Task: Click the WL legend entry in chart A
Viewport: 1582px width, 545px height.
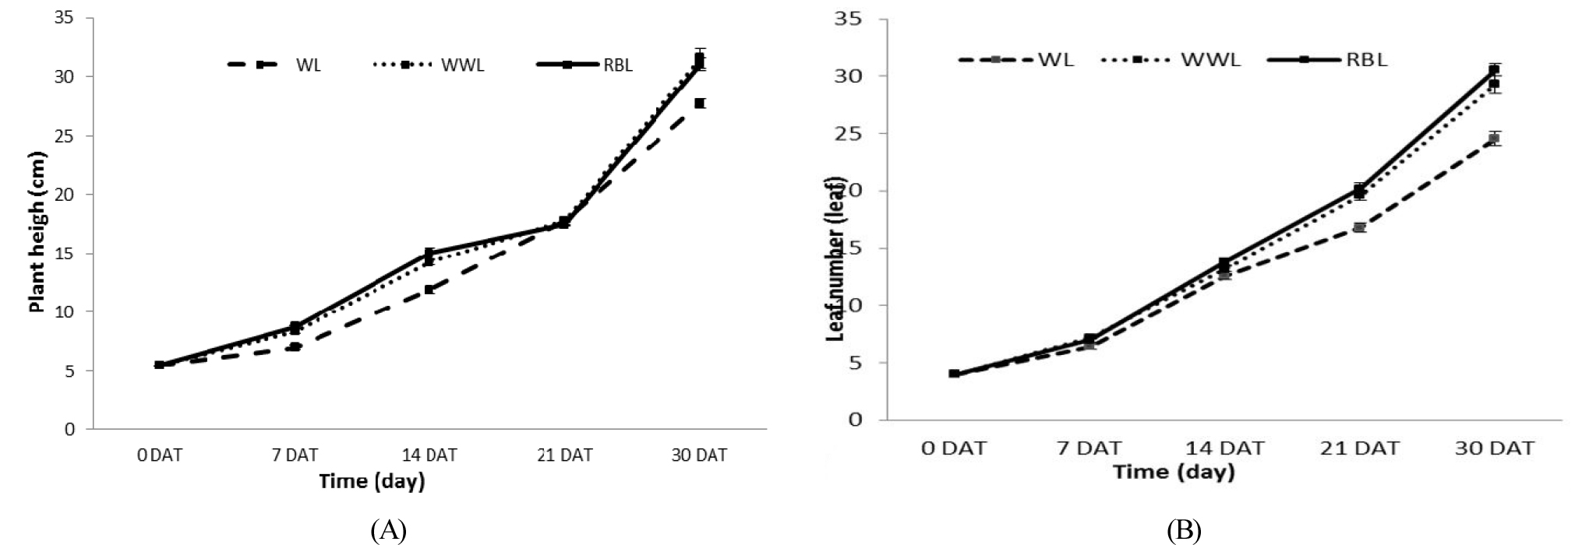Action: [308, 65]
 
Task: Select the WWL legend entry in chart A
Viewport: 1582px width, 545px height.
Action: [462, 65]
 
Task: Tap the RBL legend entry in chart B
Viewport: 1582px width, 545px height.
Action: [1367, 59]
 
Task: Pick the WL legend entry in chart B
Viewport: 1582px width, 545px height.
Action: [1056, 59]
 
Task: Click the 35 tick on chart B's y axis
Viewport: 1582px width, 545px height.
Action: [848, 19]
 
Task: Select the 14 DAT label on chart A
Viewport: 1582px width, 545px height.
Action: [429, 455]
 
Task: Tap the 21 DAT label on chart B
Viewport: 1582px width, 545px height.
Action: [1360, 448]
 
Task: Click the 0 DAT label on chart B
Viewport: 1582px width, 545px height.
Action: [954, 448]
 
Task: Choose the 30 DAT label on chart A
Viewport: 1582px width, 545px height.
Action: [699, 455]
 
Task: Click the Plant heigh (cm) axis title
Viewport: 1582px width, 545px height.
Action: [37, 232]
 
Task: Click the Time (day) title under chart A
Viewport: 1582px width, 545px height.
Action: [372, 481]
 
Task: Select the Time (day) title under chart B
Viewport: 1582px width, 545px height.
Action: [1174, 472]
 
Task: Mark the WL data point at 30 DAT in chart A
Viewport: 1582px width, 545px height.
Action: [700, 103]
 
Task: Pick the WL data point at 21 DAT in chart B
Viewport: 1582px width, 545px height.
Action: [1360, 227]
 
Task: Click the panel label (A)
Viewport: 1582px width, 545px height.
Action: [389, 531]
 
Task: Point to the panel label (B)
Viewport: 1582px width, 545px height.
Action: [1184, 531]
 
